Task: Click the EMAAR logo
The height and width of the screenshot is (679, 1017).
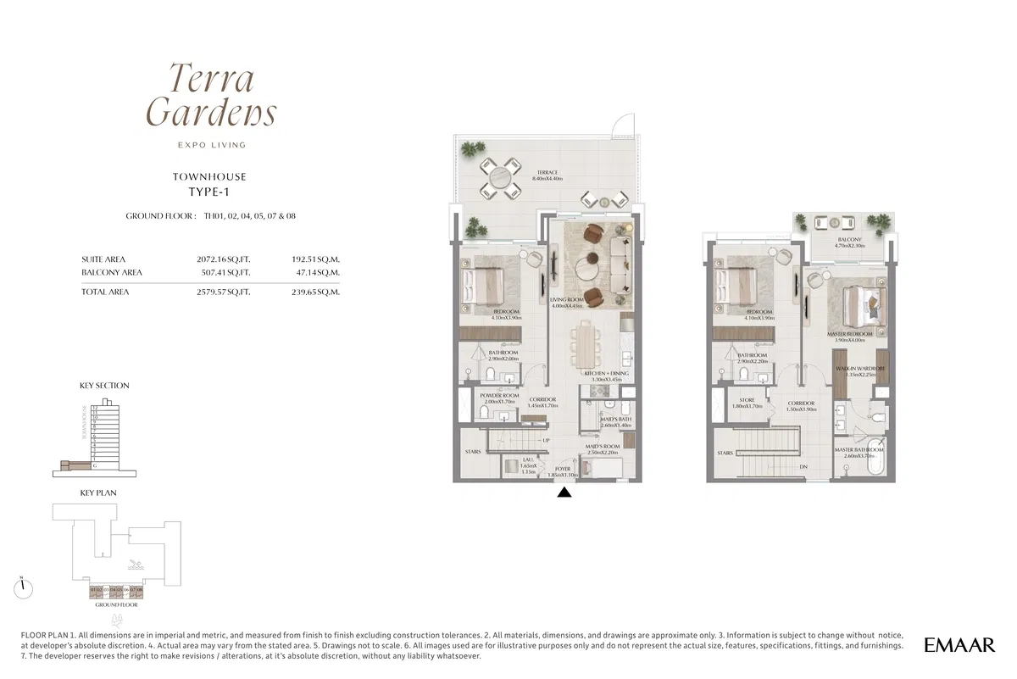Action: click(x=959, y=645)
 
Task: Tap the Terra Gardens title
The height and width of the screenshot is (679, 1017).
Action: click(x=211, y=95)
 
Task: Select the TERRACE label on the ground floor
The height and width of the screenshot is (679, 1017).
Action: click(x=547, y=175)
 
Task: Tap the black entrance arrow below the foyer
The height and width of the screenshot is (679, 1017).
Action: click(x=565, y=491)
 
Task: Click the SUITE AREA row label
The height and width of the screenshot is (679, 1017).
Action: click(x=103, y=259)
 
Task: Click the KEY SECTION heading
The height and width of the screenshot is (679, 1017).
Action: click(x=104, y=386)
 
